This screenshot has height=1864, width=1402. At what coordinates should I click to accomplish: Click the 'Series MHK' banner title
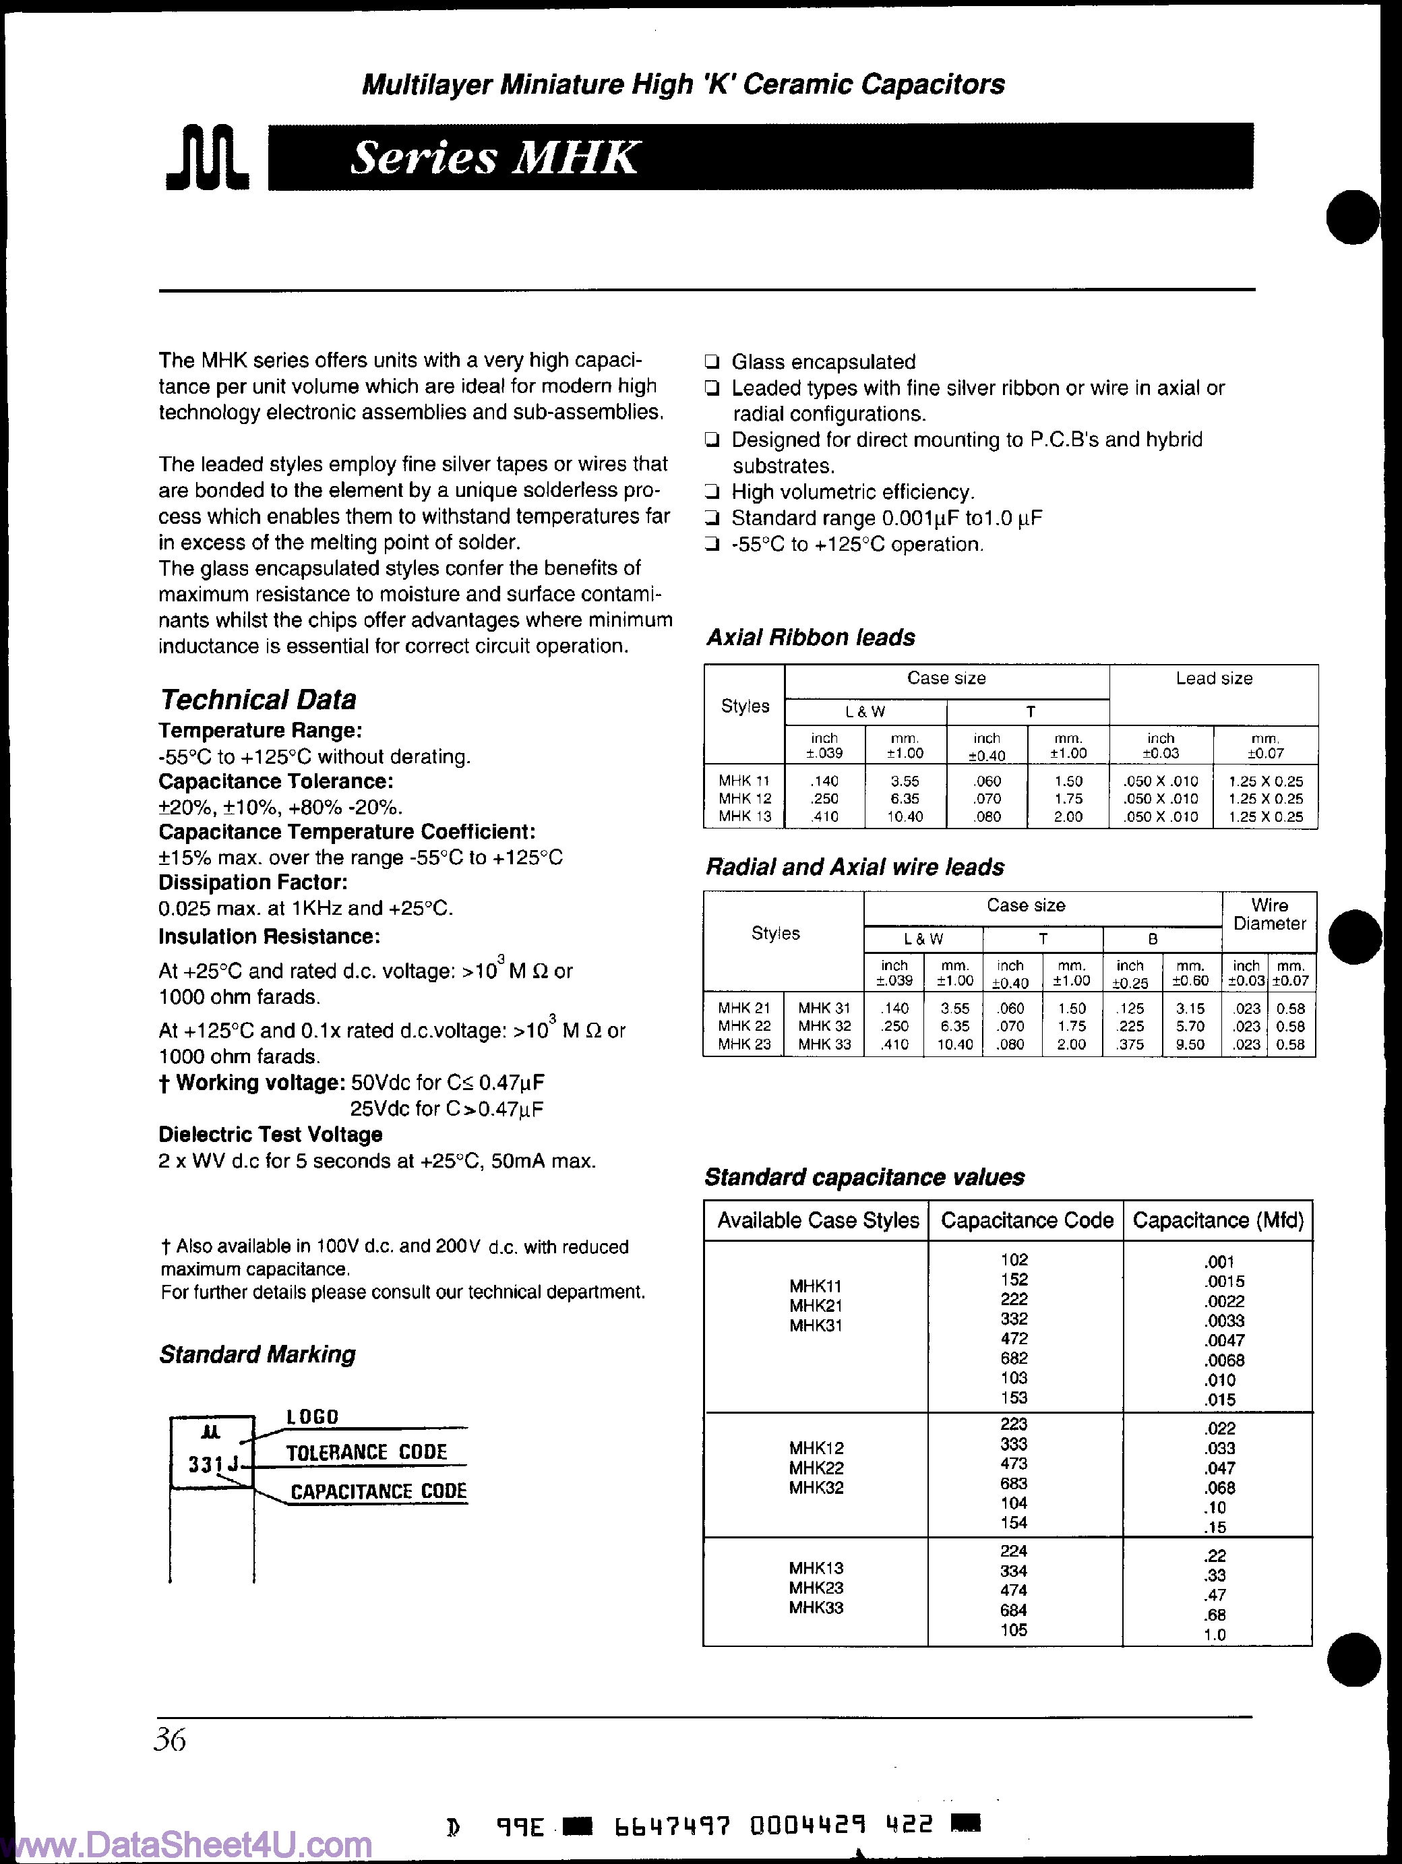click(495, 158)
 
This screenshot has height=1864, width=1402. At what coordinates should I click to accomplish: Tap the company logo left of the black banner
click(208, 158)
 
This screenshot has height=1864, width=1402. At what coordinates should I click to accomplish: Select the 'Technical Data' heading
click(257, 700)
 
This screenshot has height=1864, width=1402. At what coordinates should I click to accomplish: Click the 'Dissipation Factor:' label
click(253, 882)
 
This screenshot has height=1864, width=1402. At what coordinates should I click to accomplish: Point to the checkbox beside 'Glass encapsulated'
click(712, 363)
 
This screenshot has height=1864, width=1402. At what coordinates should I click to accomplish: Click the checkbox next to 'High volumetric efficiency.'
click(712, 492)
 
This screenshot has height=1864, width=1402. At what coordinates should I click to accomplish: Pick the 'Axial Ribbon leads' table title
click(810, 637)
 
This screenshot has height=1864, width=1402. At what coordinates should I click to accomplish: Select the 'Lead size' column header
click(1213, 678)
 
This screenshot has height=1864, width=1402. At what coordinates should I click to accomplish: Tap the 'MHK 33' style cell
click(824, 1044)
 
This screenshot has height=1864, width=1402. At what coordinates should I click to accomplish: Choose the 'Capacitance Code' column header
click(1026, 1220)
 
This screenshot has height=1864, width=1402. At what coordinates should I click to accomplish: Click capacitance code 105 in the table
click(1014, 1630)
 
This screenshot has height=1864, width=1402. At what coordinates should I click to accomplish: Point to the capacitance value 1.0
click(1214, 1635)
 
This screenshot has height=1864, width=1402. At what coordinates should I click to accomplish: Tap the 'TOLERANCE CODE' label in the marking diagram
click(367, 1452)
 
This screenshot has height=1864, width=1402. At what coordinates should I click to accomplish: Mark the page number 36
click(170, 1739)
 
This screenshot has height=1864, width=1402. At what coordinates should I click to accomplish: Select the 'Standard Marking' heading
click(257, 1354)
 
